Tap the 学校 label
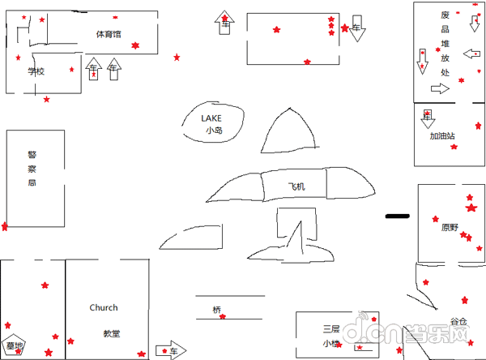click(36, 71)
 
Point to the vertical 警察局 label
click(32, 169)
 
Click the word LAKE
click(211, 118)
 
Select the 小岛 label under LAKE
click(213, 130)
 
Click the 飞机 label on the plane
click(296, 187)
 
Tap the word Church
click(104, 308)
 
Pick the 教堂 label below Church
click(111, 333)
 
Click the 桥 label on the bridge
click(216, 310)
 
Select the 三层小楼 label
click(331, 336)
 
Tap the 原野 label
click(450, 227)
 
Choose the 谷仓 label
click(458, 322)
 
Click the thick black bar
click(398, 216)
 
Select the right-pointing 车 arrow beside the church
click(170, 350)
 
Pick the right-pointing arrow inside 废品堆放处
click(440, 89)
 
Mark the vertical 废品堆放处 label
click(445, 44)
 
